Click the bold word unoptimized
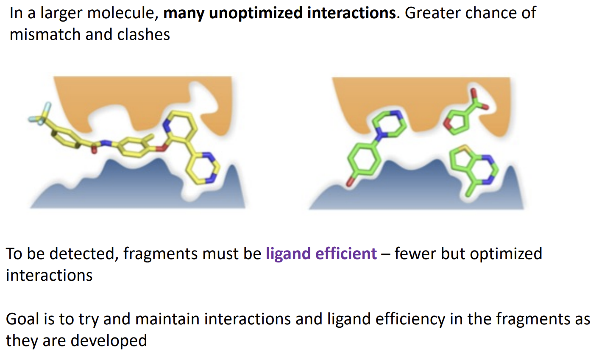256,13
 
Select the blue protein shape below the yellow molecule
127,187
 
